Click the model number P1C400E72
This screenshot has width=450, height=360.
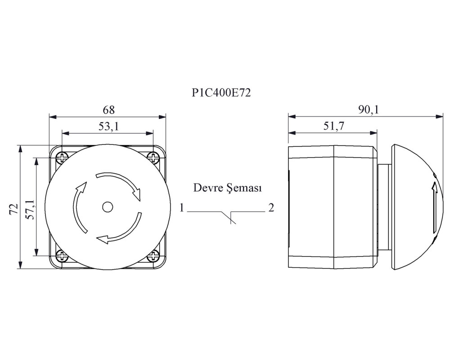click(x=221, y=93)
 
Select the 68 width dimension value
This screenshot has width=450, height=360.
click(x=108, y=110)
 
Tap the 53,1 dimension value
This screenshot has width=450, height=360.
click(x=108, y=126)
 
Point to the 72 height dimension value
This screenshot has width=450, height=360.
click(x=14, y=209)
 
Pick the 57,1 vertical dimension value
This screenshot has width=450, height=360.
click(x=30, y=210)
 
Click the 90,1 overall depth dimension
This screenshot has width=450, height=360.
click(x=368, y=110)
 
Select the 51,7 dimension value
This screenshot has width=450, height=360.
click(x=333, y=126)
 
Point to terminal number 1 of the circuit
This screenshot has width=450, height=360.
click(x=181, y=207)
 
